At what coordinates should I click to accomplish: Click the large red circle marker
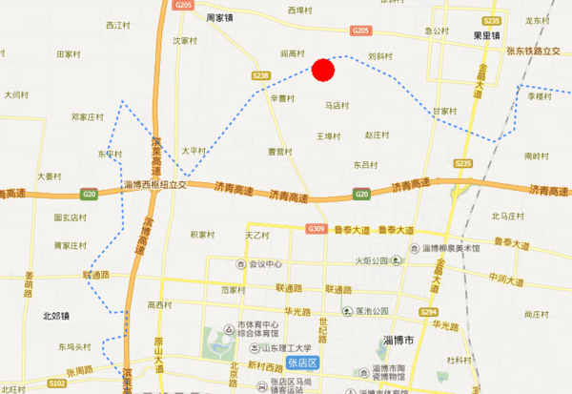point(323,69)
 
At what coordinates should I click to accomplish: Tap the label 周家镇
point(220,17)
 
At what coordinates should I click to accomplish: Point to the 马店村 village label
point(337,106)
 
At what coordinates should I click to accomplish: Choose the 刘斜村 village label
point(380,55)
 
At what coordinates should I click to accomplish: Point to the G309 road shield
point(317,229)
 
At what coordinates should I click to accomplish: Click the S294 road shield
point(428,312)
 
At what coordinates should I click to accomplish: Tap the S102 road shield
point(56,384)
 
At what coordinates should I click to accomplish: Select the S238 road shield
point(262,74)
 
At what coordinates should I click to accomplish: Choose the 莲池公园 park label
point(372,311)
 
